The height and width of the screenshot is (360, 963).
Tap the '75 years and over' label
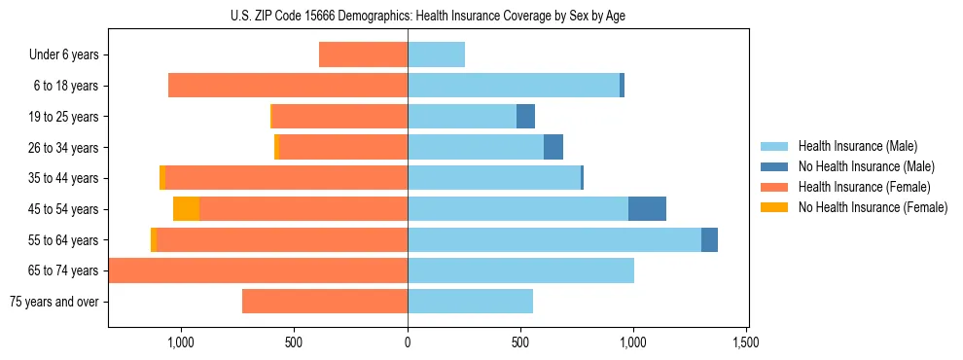54,302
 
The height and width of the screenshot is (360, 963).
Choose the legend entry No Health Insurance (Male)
866,166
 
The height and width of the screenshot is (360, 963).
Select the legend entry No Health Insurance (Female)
873,207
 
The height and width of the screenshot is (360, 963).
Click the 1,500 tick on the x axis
746,343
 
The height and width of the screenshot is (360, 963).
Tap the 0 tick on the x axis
408,343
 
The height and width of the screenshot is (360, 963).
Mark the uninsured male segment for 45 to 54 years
647,209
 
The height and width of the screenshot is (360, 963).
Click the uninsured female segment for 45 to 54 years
186,209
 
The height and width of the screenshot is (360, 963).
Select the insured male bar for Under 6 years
436,55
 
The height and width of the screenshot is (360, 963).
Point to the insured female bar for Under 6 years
363,55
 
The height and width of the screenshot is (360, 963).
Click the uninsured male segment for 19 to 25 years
525,117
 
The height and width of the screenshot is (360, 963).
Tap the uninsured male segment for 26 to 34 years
553,148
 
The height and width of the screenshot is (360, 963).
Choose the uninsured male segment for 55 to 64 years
709,240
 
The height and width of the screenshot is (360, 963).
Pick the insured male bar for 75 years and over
470,302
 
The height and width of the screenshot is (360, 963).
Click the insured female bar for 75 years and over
325,302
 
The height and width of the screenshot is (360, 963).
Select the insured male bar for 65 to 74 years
520,270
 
